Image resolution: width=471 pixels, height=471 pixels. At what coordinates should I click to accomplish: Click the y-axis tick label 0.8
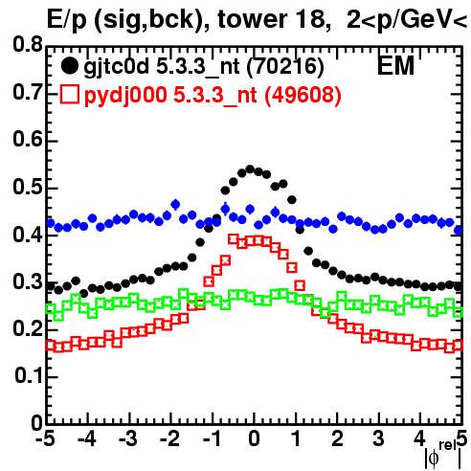tap(28, 45)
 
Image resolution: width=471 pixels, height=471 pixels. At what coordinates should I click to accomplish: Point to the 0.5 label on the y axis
tap(28, 187)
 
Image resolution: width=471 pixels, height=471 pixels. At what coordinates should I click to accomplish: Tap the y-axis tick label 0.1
tap(29, 375)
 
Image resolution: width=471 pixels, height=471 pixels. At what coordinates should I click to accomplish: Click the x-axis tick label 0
tap(254, 438)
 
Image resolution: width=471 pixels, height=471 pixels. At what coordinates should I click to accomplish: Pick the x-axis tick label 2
tap(337, 438)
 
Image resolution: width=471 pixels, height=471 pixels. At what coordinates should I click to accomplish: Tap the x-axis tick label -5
tap(45, 438)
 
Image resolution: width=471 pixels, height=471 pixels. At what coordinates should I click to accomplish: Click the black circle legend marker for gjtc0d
tap(69, 66)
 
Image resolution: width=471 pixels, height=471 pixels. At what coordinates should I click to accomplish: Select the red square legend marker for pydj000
tap(69, 95)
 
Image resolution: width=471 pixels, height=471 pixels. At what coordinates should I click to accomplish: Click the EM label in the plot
tap(395, 65)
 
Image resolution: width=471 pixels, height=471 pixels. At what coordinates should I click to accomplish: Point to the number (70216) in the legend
tap(285, 67)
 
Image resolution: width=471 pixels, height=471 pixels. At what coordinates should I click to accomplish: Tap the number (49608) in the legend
tap(303, 95)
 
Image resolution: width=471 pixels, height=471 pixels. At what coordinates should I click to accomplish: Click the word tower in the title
tap(251, 19)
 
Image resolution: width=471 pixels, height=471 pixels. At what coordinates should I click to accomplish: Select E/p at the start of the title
tap(67, 20)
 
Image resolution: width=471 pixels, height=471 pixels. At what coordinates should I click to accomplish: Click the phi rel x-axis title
tap(443, 456)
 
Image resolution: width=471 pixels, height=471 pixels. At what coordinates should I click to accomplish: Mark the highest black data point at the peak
tap(250, 169)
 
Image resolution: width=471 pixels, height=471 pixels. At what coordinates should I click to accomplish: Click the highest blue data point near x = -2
tap(175, 205)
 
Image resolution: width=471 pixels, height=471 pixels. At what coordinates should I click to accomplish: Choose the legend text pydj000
tap(125, 96)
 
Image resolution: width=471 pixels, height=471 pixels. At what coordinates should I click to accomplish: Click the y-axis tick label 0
tap(37, 423)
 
